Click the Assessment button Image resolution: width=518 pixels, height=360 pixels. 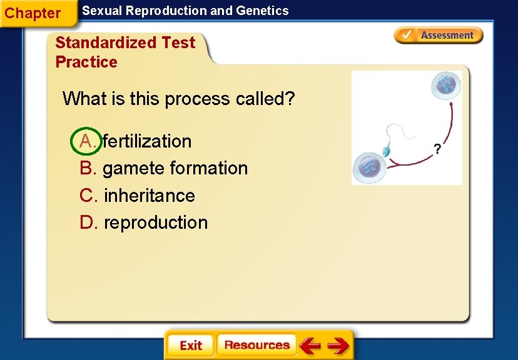pos(439,36)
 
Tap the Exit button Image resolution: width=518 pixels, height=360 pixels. pos(190,345)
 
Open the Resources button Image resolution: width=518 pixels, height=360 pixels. pos(256,345)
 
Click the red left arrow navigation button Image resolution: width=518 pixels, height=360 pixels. pos(310,345)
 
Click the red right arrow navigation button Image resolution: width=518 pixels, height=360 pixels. pos(338,345)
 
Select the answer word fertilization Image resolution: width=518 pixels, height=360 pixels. pos(147,141)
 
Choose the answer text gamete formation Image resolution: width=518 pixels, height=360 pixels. pos(175,168)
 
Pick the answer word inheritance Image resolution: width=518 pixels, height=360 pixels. pos(149,196)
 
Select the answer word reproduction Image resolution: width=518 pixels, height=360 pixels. pos(155,222)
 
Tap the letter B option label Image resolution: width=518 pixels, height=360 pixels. pos(88,168)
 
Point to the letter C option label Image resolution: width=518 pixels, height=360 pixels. pos(88,196)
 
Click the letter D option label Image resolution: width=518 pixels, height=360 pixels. pos(88,222)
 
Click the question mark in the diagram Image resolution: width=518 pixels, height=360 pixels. pos(437,149)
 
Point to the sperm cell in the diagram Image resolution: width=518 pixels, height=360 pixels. pos(387,150)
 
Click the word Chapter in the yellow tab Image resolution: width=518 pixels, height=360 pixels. pos(33,13)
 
